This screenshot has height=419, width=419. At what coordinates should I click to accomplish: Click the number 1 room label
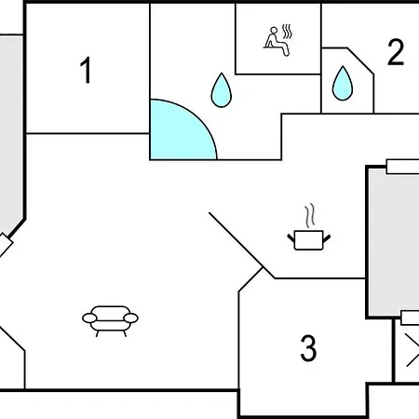point(86,70)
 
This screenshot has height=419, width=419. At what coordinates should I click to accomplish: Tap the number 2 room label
point(396,52)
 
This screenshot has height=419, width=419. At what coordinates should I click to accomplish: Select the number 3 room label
point(308,348)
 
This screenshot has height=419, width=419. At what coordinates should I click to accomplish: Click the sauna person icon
point(278,41)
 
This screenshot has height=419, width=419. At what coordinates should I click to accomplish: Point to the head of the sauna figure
point(274,30)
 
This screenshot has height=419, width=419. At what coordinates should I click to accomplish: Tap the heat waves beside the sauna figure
point(288,32)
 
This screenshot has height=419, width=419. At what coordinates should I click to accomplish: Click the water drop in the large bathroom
point(222,90)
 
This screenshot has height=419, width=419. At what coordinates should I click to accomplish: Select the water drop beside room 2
point(343,83)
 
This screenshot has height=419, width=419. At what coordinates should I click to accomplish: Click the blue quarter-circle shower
point(179,133)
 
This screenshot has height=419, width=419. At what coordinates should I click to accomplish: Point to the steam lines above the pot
point(310,215)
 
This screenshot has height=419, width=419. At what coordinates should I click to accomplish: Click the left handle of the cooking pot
point(291,238)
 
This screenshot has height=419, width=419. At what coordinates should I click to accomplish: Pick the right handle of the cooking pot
point(327,238)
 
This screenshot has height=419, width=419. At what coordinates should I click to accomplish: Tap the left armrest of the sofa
point(89,318)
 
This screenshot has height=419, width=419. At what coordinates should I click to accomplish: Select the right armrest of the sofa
point(130,318)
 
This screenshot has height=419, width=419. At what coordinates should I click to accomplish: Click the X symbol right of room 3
point(412,350)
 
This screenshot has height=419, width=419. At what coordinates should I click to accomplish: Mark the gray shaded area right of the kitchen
point(394,242)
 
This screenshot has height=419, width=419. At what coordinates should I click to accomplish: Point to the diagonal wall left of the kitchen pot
point(237,240)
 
